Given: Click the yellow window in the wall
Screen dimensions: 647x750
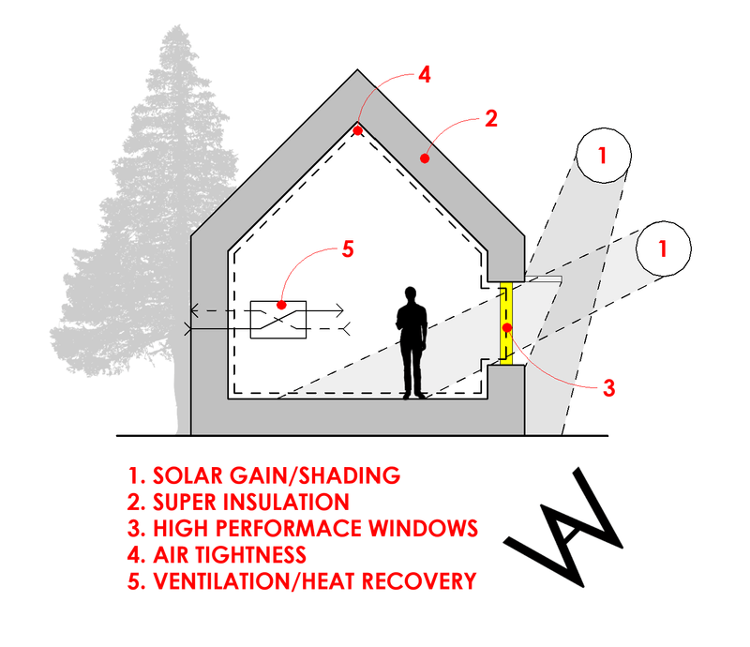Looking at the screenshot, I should (x=506, y=324).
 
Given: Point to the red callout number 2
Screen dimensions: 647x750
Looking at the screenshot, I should (x=490, y=119).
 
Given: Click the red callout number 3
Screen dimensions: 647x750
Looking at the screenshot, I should (x=607, y=386).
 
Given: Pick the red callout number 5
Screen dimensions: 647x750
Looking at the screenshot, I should (x=346, y=249).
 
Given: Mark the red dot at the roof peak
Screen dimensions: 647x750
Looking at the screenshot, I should (x=358, y=131).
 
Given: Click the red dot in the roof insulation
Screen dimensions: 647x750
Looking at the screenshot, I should (x=424, y=159).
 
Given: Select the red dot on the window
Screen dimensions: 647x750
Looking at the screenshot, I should (x=506, y=327).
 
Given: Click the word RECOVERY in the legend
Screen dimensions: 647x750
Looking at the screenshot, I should (x=412, y=581).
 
